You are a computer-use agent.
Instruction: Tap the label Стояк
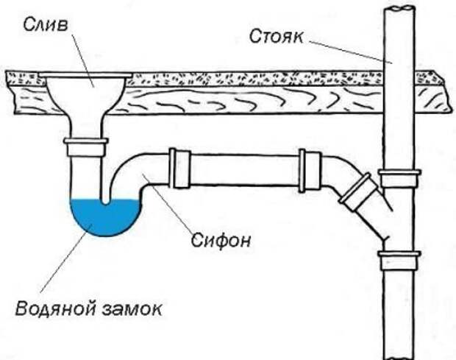275,35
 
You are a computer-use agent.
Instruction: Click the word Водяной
53,307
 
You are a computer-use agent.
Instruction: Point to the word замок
132,307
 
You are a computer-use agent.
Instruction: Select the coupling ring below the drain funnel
87,146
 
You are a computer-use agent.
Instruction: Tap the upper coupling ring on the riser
399,177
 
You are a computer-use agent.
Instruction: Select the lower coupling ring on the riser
399,260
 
